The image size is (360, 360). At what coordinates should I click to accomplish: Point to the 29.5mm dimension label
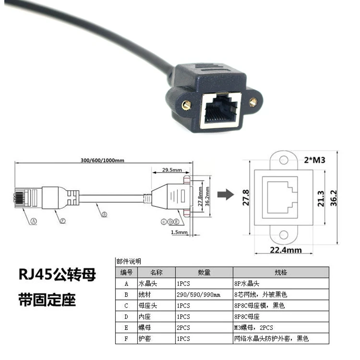point(171,170)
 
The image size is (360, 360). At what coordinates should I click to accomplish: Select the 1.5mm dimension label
point(179,233)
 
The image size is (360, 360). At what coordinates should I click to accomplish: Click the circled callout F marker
point(62,221)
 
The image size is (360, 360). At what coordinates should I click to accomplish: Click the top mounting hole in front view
point(284,159)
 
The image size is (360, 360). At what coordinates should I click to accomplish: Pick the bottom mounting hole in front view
point(284,235)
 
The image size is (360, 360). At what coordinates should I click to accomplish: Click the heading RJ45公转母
point(57,275)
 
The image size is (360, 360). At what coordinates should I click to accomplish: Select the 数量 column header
point(204,273)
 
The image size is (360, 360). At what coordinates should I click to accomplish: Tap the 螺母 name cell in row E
point(144,328)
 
